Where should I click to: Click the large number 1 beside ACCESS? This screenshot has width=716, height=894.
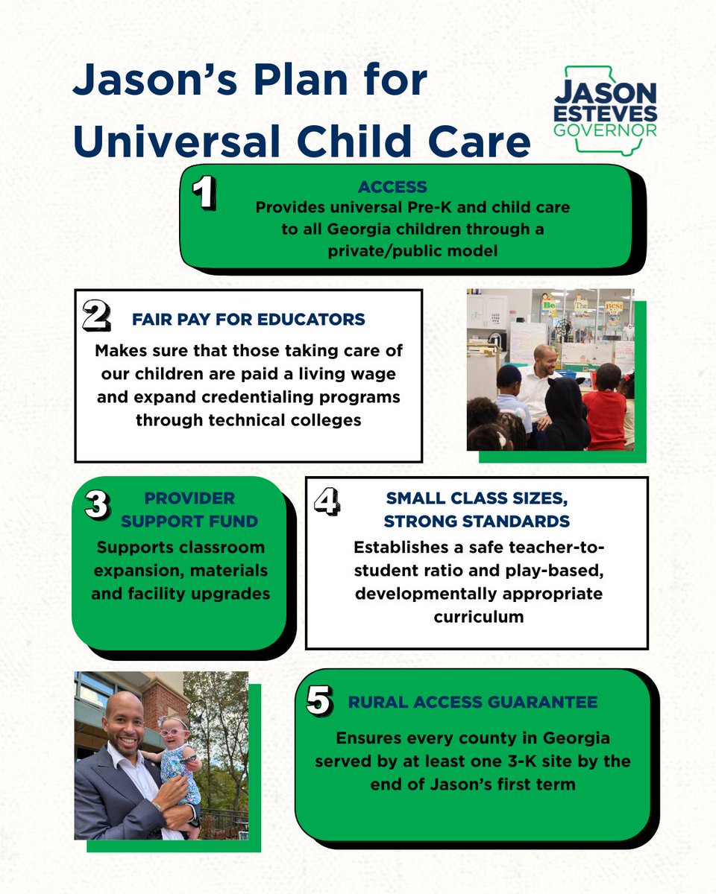pyautogui.click(x=203, y=194)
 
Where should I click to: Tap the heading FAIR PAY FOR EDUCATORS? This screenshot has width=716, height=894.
pyautogui.click(x=248, y=320)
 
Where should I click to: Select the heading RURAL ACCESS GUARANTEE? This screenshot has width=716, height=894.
pyautogui.click(x=472, y=702)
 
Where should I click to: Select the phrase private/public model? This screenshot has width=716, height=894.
pyautogui.click(x=412, y=251)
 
